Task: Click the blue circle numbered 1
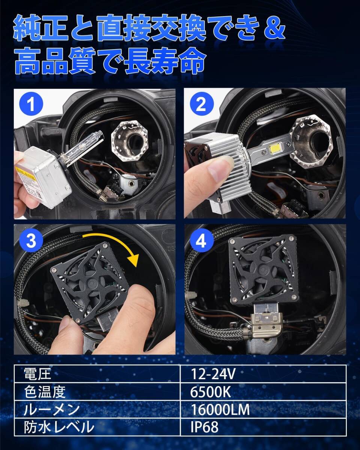31,104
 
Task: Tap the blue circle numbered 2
202,104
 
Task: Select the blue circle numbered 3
31,241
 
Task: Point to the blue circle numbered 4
202,241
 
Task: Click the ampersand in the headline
274,30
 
